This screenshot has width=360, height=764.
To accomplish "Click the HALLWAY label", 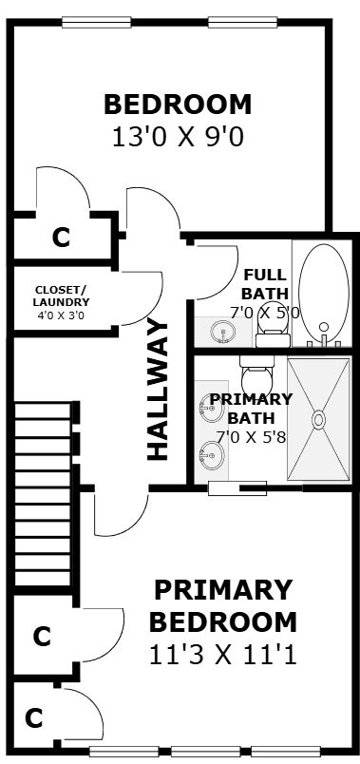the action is (x=158, y=390).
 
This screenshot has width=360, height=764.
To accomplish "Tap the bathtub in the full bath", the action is (x=324, y=294).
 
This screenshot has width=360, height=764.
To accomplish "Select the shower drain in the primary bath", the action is (x=319, y=419).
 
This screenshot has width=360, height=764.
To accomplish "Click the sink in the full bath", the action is (x=223, y=333).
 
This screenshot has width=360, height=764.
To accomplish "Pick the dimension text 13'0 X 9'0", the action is (x=178, y=138).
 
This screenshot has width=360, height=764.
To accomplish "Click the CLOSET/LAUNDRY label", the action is (x=61, y=296).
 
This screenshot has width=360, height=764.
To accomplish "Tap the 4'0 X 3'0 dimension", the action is (x=61, y=315).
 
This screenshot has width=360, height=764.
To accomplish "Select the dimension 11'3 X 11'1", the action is (x=222, y=656).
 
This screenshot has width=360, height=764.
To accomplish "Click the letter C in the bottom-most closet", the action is (x=34, y=718).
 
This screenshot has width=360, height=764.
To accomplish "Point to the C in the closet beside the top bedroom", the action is (x=62, y=238).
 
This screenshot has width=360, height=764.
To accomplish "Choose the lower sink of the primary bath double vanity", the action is (x=212, y=455).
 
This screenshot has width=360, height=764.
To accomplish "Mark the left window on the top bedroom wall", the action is (x=97, y=22).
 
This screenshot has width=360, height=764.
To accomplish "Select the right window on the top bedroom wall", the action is (x=242, y=22).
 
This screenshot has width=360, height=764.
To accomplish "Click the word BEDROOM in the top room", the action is (x=178, y=105).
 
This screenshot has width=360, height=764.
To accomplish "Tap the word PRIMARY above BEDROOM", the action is (x=223, y=590).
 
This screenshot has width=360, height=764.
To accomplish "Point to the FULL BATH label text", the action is (x=265, y=284).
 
